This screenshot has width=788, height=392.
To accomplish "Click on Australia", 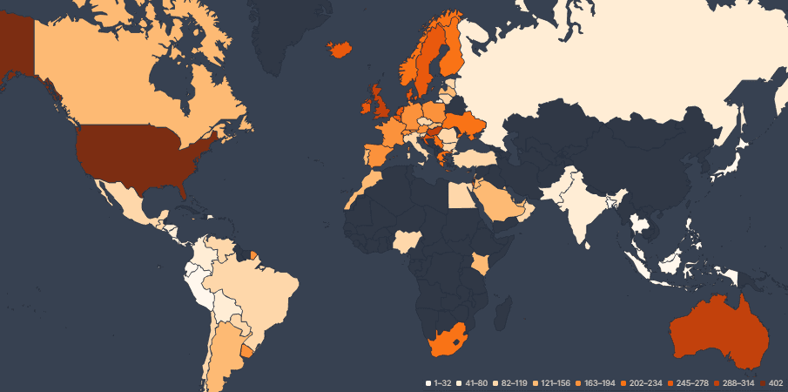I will point(718,331).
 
